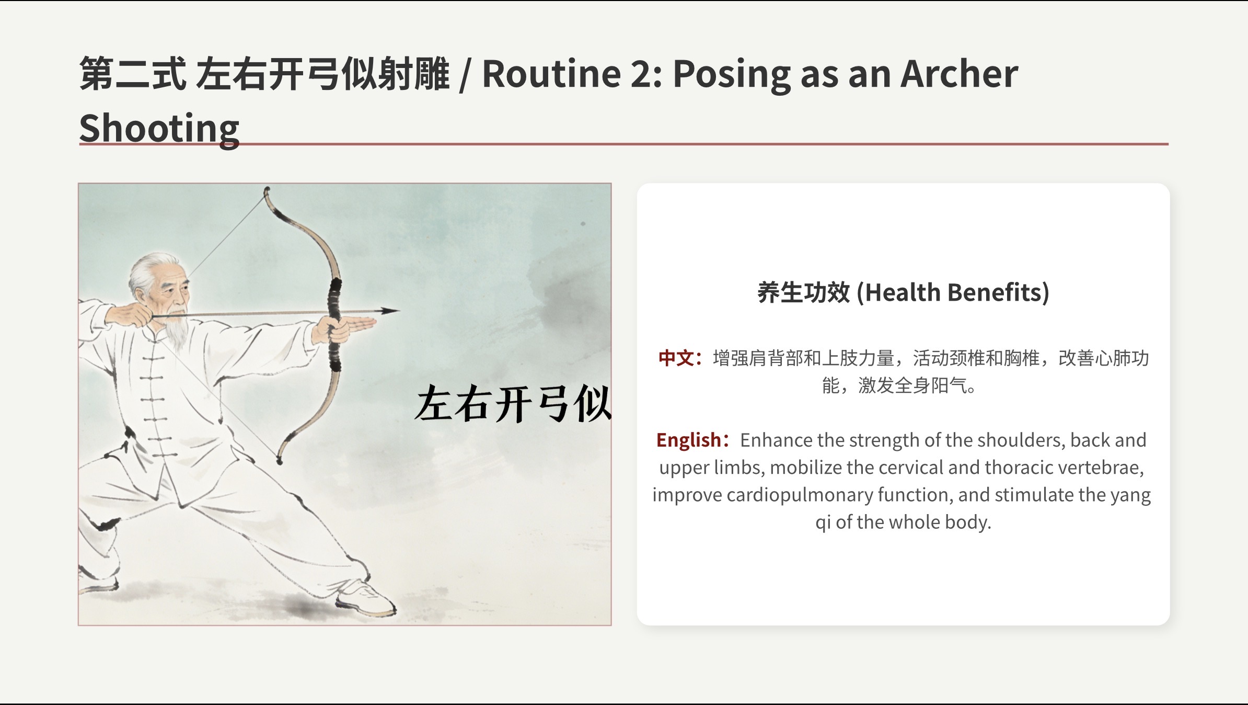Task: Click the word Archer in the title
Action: click(x=959, y=74)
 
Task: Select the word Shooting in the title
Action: click(x=159, y=129)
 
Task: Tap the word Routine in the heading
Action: click(x=551, y=74)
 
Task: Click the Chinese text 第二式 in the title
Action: click(x=133, y=74)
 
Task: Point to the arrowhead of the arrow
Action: click(x=389, y=311)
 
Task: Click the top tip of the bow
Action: click(x=267, y=189)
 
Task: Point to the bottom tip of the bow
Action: click(x=280, y=460)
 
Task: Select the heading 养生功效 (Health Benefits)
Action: click(x=903, y=292)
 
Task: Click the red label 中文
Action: click(x=676, y=358)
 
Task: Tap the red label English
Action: click(x=688, y=440)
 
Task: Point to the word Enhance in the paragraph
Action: click(x=776, y=440)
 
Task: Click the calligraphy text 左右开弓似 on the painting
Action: click(x=513, y=404)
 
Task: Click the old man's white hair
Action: click(x=149, y=272)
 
